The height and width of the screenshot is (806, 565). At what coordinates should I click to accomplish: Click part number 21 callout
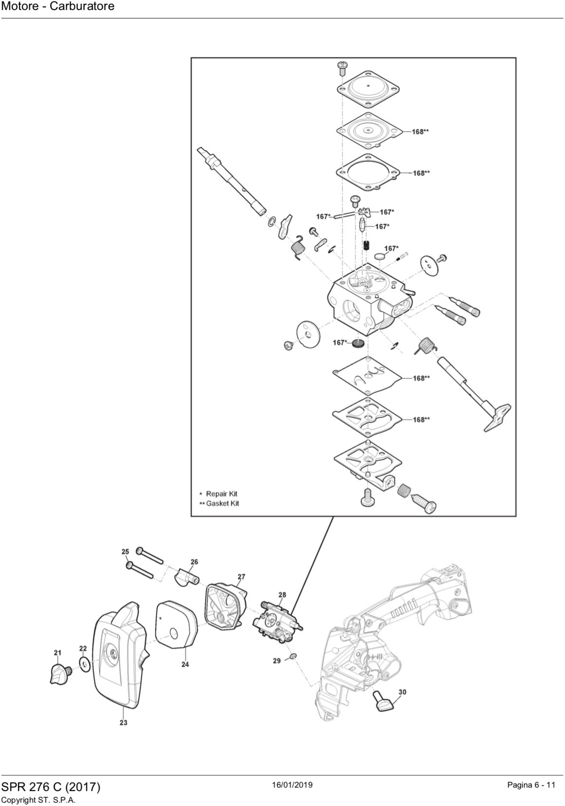(57, 653)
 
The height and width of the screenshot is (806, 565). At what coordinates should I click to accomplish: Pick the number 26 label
(194, 562)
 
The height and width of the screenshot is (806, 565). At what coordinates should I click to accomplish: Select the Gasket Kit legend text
(222, 503)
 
